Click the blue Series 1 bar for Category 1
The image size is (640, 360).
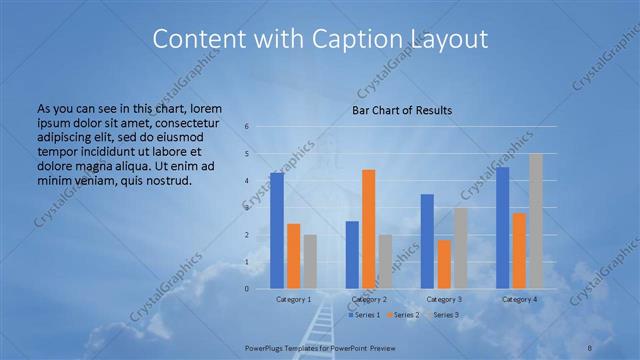[277, 231]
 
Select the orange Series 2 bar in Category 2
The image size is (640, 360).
[368, 229]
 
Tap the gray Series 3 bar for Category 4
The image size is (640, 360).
[536, 221]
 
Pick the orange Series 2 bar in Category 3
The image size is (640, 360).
[443, 264]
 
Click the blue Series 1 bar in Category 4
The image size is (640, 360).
[502, 228]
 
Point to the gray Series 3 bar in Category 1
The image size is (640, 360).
[310, 262]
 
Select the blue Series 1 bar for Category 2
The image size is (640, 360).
[352, 255]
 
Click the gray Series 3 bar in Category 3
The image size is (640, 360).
[460, 248]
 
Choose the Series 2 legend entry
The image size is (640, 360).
[402, 315]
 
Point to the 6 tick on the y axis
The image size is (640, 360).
[247, 127]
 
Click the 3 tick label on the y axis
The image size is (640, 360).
[247, 208]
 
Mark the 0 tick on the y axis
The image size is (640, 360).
[247, 289]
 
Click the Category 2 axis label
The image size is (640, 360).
[368, 299]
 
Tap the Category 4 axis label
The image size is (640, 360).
[519, 299]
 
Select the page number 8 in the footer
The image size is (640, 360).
[589, 346]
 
